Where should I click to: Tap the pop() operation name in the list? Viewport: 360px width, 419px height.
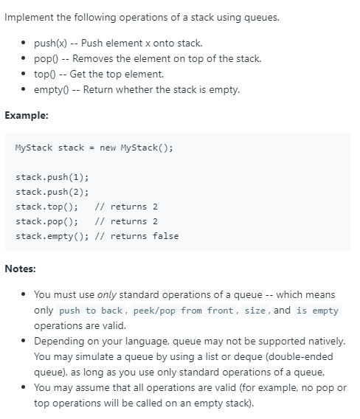(x=46, y=58)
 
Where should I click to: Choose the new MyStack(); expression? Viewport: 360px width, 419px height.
(x=136, y=148)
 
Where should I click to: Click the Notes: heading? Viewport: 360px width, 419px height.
(x=21, y=269)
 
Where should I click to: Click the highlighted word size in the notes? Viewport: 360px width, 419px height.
(x=255, y=311)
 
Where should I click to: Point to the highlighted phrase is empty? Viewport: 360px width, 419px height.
(x=317, y=311)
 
